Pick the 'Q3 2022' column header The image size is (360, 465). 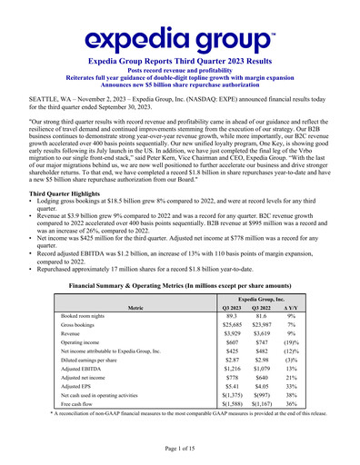click(273, 308)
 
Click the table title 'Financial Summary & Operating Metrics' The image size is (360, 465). click(179, 286)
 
